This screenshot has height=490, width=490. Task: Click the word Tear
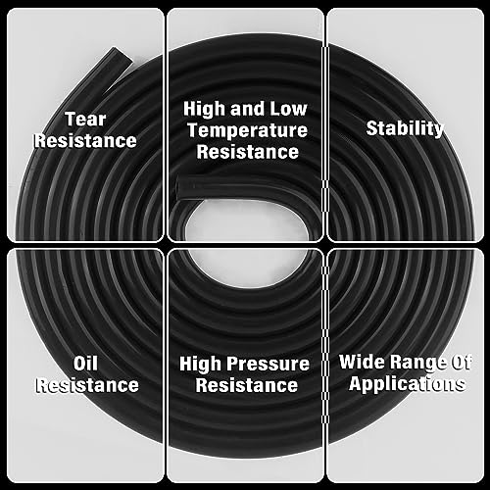(x=85, y=119)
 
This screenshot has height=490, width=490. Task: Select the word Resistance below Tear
(x=85, y=140)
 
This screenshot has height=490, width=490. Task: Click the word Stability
(x=405, y=128)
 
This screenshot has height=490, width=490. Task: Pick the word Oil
(x=86, y=364)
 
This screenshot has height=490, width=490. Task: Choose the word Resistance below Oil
(x=86, y=385)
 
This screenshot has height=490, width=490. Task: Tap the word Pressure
(x=270, y=364)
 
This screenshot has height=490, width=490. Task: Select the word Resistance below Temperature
(x=247, y=152)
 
